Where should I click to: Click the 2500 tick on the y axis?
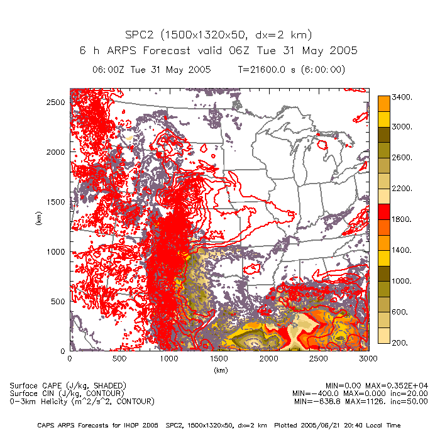[x=57, y=102]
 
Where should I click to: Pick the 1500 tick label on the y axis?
[x=57, y=202]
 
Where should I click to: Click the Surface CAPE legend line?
[x=68, y=385]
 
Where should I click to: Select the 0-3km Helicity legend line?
[x=82, y=401]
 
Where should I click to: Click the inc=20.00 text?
[x=408, y=393]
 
